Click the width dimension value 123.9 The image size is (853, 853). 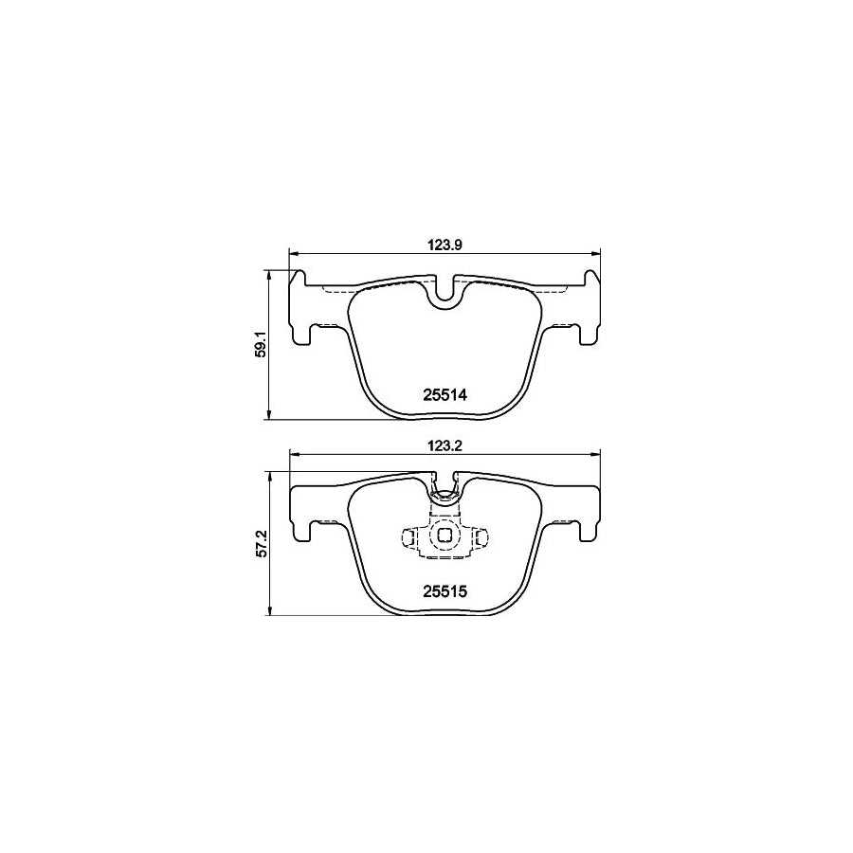pos(445,245)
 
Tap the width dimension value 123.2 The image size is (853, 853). pos(445,443)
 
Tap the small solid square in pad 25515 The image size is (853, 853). pos(445,536)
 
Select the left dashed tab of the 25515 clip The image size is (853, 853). pos(409,537)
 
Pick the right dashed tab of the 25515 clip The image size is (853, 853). pos(480,537)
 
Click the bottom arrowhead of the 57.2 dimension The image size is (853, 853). pos(271,609)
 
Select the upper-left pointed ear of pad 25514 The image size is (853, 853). pos(299,278)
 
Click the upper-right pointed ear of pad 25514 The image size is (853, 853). pos(591,278)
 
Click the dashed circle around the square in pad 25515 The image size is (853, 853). pos(445,550)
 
